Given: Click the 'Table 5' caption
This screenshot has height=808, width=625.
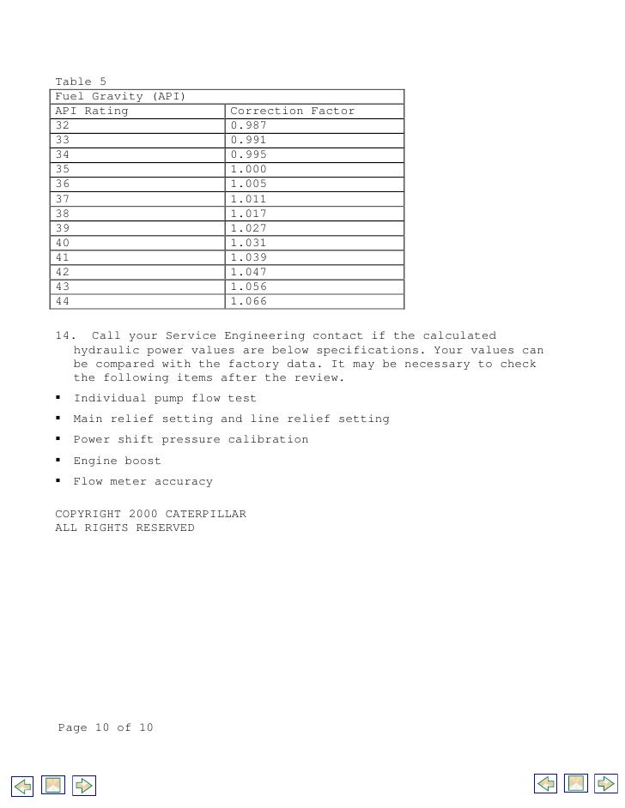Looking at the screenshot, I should pyautogui.click(x=80, y=81).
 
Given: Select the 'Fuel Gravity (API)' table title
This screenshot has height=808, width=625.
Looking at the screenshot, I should pyautogui.click(x=120, y=96).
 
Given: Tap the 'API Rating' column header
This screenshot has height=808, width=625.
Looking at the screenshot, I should pyautogui.click(x=91, y=111).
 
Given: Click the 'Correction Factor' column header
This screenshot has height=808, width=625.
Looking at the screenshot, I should pyautogui.click(x=292, y=111).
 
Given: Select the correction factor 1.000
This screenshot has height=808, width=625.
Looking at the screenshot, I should pyautogui.click(x=248, y=169).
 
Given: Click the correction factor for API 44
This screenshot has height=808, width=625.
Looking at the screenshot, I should pyautogui.click(x=248, y=301).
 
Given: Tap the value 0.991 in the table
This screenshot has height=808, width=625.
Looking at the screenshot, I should pyautogui.click(x=248, y=140).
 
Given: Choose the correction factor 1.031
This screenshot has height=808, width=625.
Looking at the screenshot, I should pyautogui.click(x=248, y=243).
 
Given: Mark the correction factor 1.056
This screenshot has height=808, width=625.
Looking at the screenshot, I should pyautogui.click(x=248, y=286).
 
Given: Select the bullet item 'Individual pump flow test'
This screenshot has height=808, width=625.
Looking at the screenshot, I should pyautogui.click(x=165, y=398).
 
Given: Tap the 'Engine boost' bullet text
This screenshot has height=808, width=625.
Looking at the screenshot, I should pyautogui.click(x=117, y=461).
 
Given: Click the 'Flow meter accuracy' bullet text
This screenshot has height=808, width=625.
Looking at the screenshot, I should pyautogui.click(x=143, y=481).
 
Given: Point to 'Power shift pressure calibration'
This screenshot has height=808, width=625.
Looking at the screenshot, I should pyautogui.click(x=191, y=439).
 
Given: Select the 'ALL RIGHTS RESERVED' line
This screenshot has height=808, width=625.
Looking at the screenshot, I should pyautogui.click(x=124, y=528).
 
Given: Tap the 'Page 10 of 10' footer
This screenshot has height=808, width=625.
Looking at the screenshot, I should pyautogui.click(x=106, y=727).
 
